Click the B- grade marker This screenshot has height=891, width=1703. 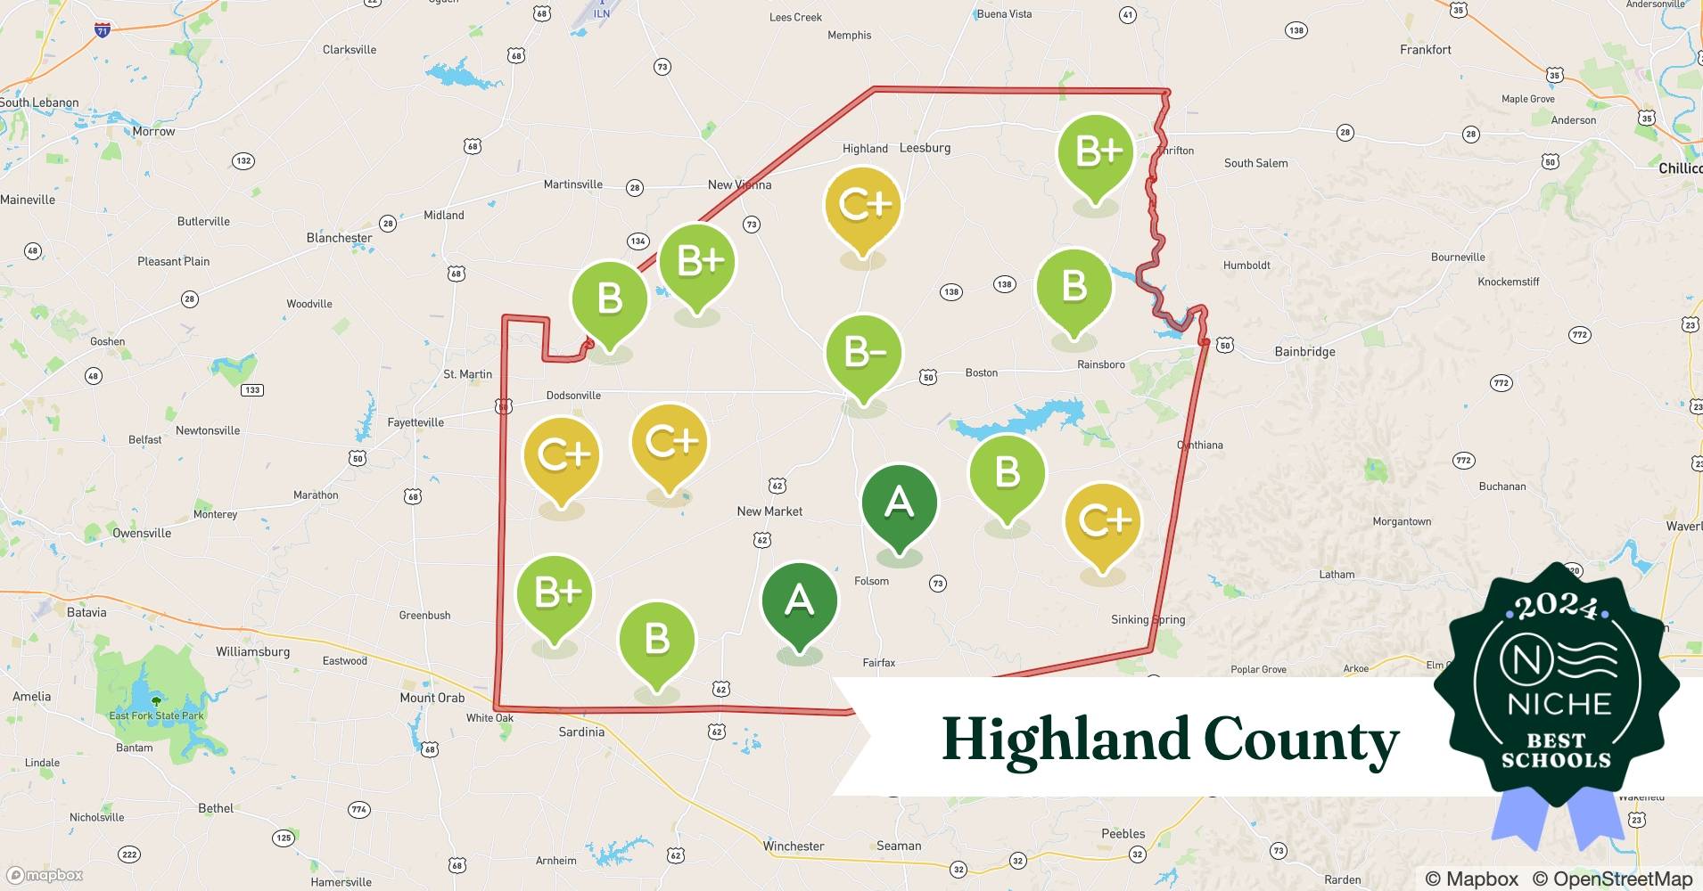863,354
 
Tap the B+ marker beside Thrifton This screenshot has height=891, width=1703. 1096,152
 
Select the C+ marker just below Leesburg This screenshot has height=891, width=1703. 863,206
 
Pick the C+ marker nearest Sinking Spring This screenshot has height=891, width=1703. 1102,521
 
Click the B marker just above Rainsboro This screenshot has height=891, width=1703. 1074,287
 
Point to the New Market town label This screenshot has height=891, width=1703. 769,511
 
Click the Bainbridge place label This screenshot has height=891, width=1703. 1304,352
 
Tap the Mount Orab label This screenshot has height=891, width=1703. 432,698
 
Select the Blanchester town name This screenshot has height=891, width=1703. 339,238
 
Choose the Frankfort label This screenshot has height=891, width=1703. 1425,50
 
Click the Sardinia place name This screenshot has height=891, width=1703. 581,732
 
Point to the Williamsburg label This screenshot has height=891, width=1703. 252,651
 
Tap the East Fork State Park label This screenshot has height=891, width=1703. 156,715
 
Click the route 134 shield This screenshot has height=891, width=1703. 638,241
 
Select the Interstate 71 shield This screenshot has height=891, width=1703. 103,30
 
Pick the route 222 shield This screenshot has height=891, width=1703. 129,854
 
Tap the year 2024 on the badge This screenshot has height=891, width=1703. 1557,606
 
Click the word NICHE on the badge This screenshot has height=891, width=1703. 1559,705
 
